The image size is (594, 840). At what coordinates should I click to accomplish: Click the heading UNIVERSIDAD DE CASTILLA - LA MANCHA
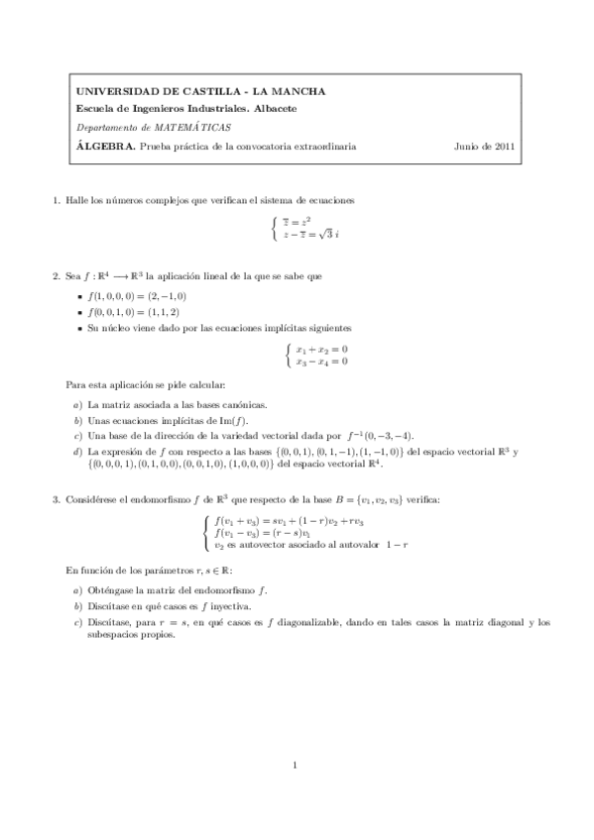[200, 91]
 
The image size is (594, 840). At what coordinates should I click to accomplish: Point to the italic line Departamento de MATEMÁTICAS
[154, 127]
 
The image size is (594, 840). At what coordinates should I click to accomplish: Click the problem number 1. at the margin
[57, 201]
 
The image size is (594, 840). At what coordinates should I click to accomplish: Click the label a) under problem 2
[77, 405]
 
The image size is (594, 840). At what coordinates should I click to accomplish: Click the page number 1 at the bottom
[296, 765]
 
